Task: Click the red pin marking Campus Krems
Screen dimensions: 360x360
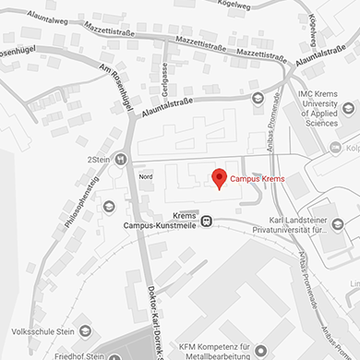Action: point(219,176)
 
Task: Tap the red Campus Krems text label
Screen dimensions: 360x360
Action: point(257,178)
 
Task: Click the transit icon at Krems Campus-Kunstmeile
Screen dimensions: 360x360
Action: point(207,220)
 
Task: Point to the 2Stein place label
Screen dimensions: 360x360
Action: point(98,159)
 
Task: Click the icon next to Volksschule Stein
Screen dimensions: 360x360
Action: point(86,330)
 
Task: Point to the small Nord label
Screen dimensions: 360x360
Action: point(145,176)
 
